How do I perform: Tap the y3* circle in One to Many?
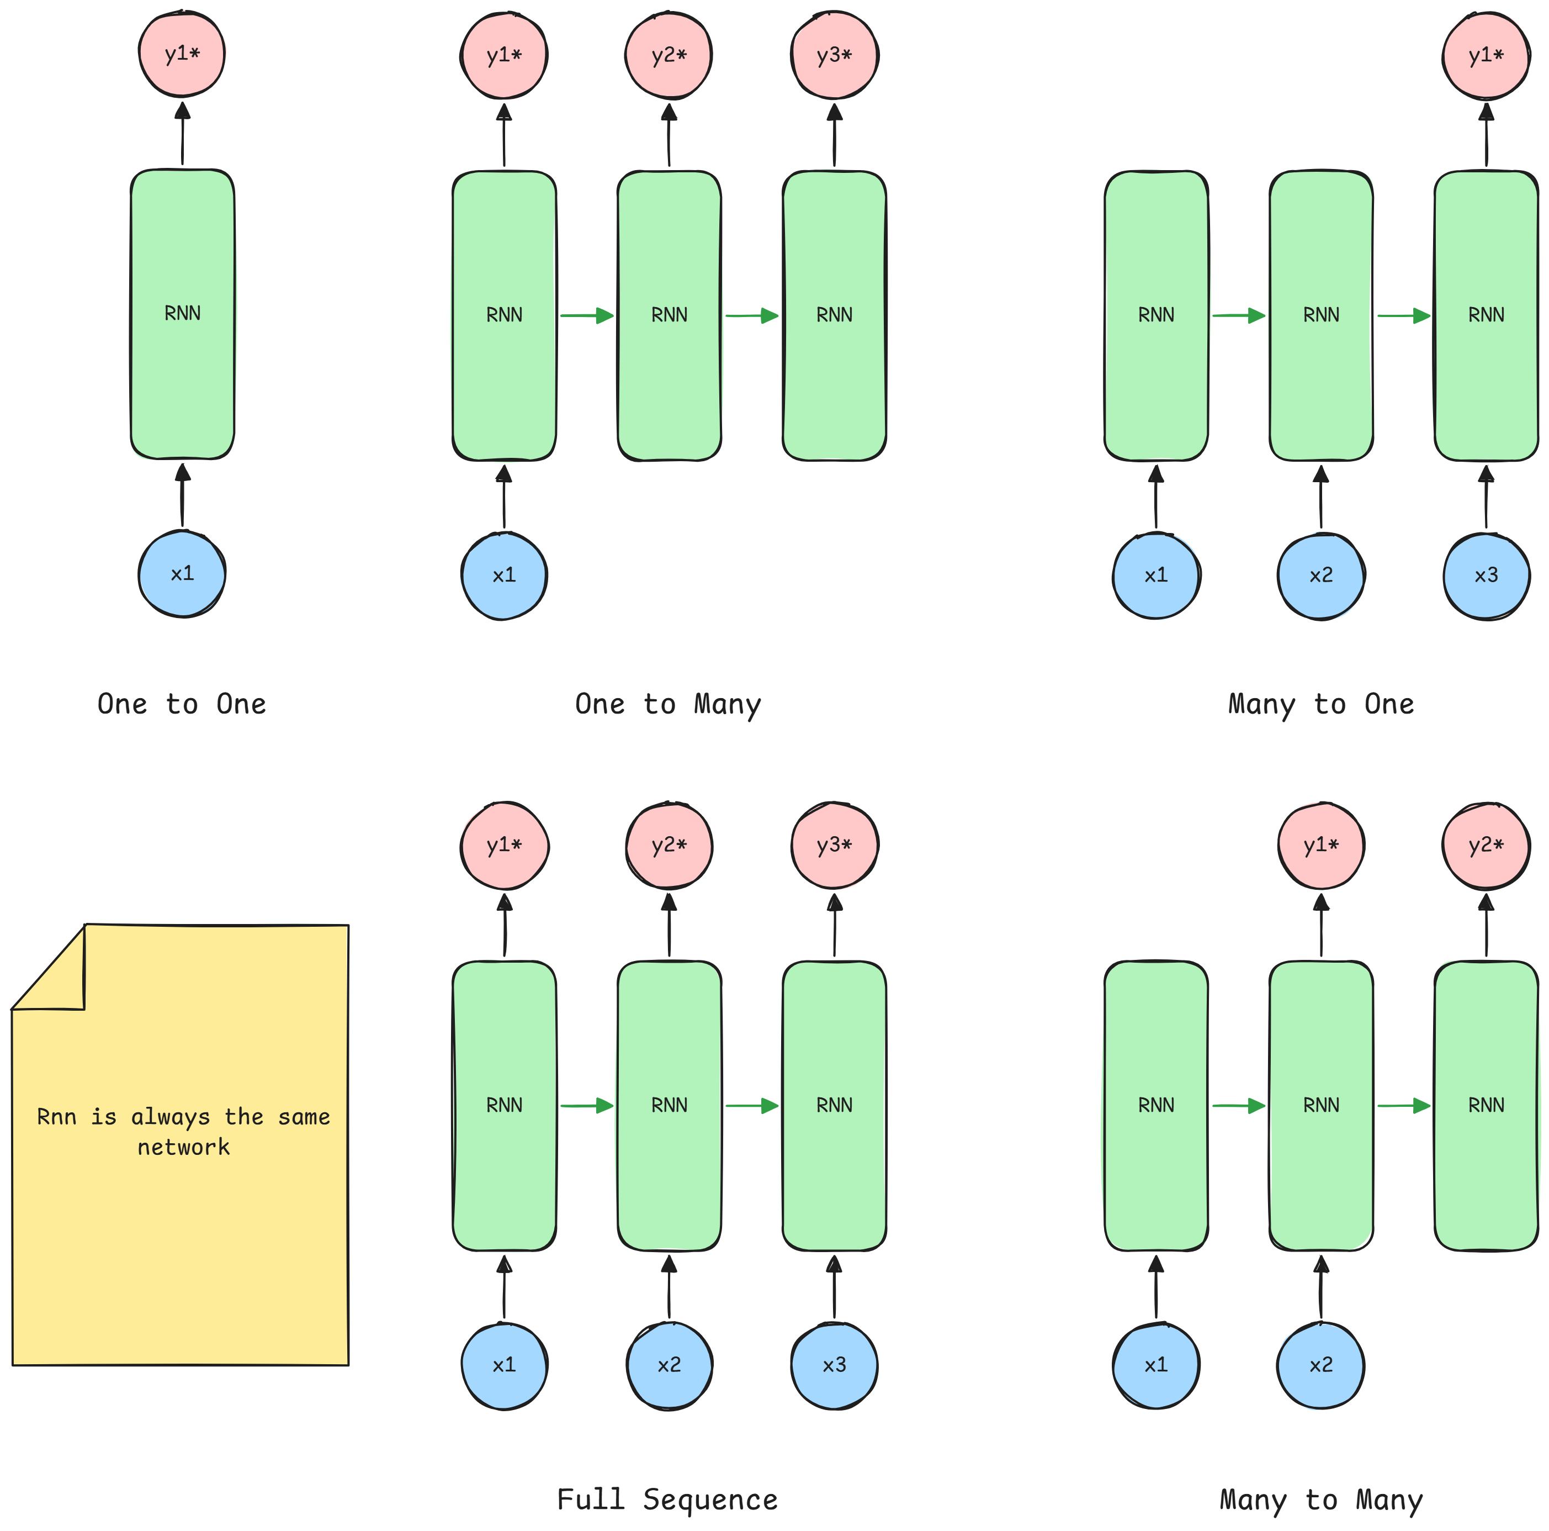point(834,55)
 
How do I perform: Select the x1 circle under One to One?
point(182,573)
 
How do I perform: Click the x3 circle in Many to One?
point(1486,575)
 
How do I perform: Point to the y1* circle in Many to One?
point(1486,55)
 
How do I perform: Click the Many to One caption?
point(1320,704)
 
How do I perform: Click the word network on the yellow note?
point(184,1147)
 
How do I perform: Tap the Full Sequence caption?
point(667,1499)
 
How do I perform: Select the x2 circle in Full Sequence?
point(669,1365)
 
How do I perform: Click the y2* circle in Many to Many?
point(1486,845)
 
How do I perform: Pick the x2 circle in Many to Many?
point(1320,1365)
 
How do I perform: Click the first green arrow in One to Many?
point(586,315)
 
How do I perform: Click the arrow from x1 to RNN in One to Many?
point(503,497)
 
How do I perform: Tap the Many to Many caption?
point(1320,1499)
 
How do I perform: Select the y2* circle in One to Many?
point(669,55)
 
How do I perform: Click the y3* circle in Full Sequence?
point(834,845)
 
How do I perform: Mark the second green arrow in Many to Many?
point(1403,1106)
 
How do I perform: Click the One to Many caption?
point(667,704)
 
